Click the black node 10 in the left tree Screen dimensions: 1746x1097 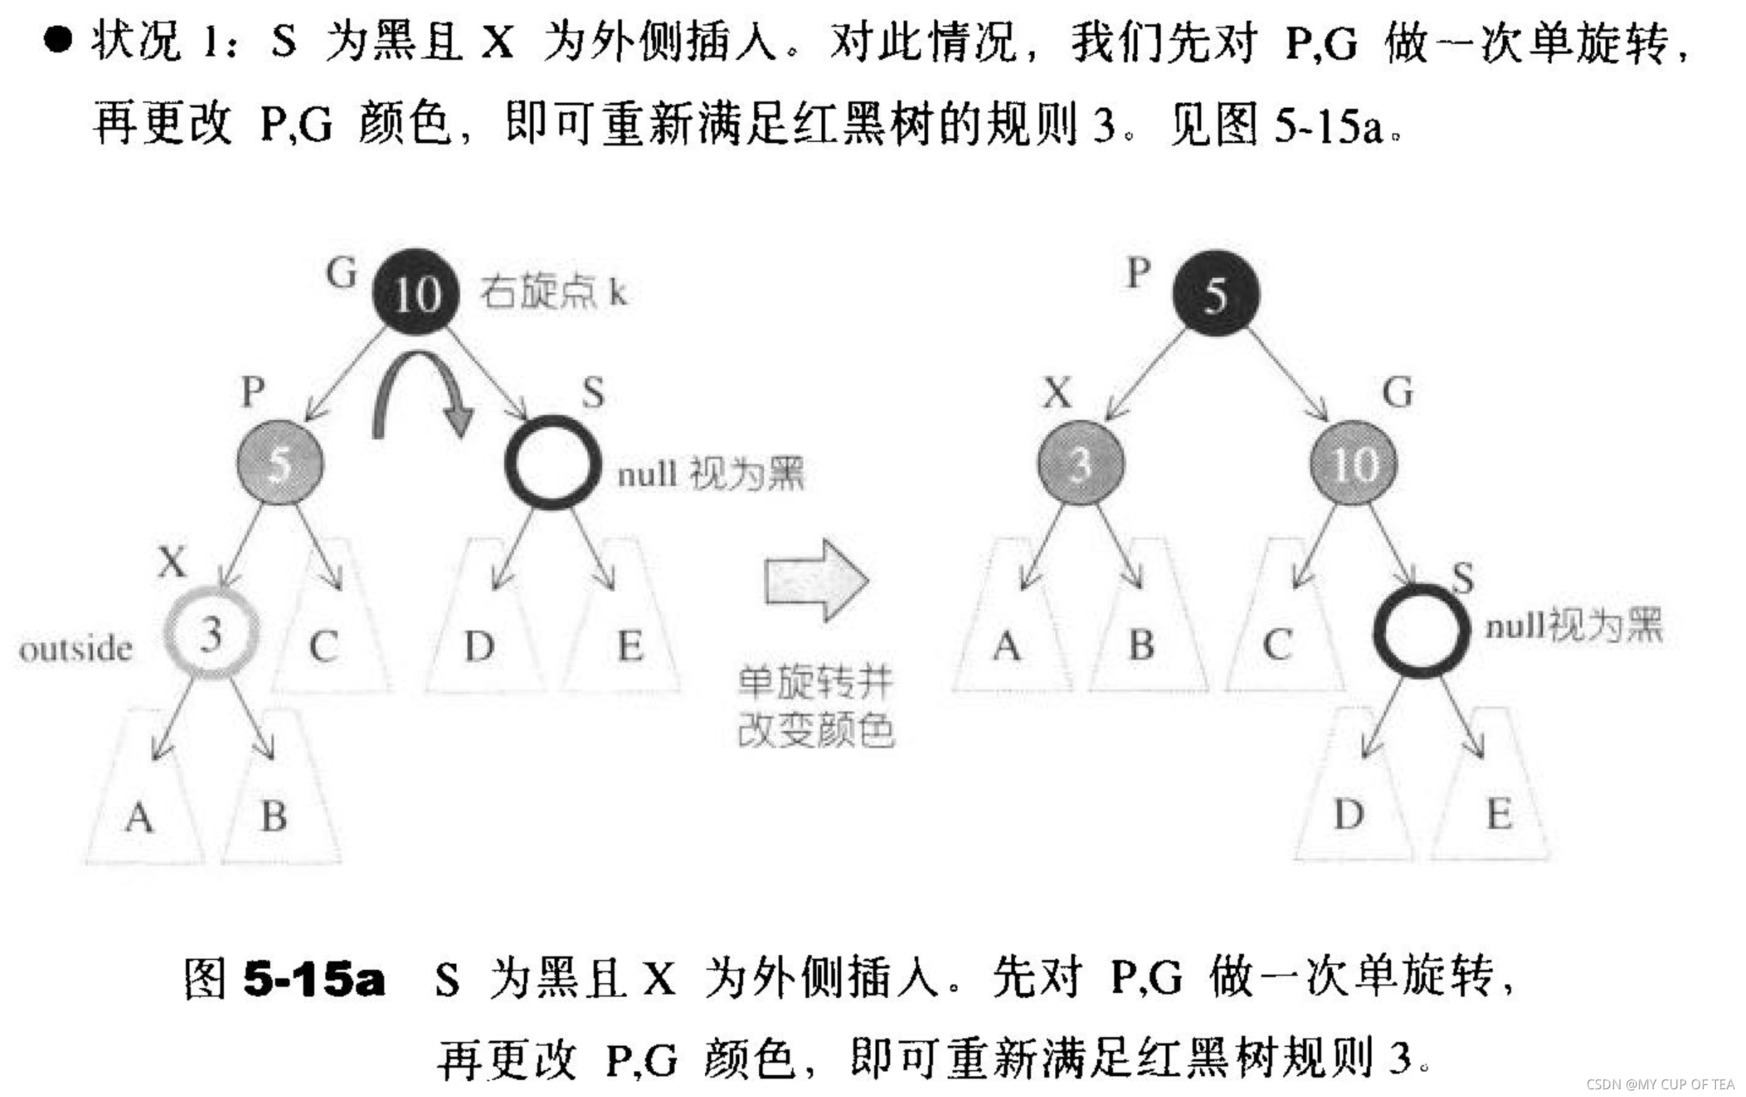(x=415, y=292)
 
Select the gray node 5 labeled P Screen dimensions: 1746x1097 (x=280, y=462)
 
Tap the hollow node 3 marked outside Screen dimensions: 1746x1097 (x=211, y=633)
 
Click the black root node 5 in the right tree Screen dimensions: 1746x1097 (x=1216, y=294)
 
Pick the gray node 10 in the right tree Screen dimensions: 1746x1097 (x=1353, y=463)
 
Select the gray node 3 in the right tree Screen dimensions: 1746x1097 (x=1080, y=463)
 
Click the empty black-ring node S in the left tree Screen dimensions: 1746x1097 (x=553, y=462)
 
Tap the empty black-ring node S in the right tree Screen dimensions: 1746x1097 (x=1420, y=630)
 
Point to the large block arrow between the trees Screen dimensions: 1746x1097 (x=816, y=580)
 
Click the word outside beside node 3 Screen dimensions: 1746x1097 (x=76, y=649)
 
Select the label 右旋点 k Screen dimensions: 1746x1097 (x=554, y=292)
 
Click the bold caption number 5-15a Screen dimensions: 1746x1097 (x=313, y=978)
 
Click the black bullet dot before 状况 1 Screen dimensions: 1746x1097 (x=58, y=39)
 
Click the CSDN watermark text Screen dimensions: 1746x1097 (x=1660, y=1084)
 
